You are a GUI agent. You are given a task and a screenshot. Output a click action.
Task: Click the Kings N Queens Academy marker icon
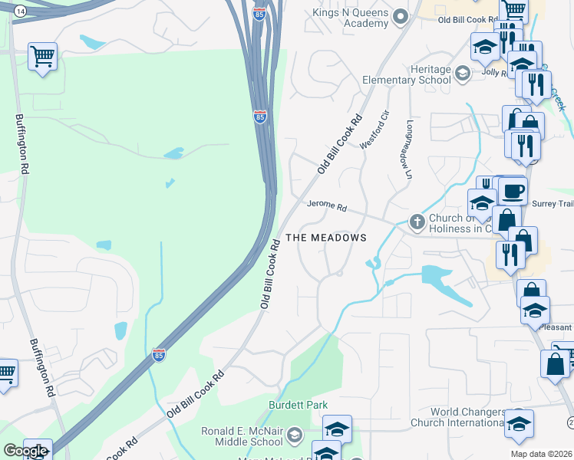point(400,16)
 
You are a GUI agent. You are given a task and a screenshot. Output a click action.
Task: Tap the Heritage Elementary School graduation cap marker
point(462,74)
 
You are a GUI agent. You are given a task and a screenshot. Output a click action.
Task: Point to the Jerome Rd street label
point(327,207)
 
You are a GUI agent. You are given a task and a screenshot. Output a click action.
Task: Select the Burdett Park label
point(298,405)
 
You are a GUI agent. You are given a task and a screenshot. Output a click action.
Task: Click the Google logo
point(25,451)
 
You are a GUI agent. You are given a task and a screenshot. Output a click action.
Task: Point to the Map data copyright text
point(541,454)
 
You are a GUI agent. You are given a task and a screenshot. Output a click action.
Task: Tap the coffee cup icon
point(513,191)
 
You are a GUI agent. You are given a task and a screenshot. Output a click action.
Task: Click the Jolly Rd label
point(493,73)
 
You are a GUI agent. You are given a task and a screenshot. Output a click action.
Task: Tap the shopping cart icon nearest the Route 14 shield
point(42,57)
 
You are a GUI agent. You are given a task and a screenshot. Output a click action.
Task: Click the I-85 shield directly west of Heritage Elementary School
point(260,117)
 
